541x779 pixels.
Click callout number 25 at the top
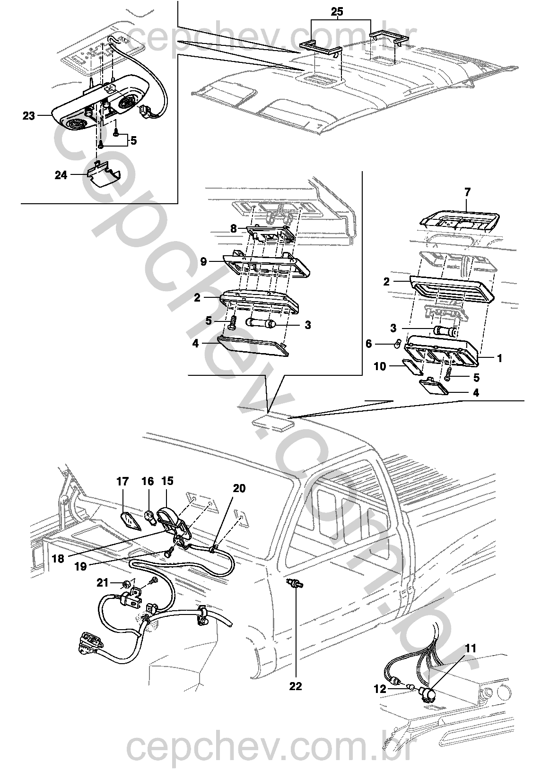click(337, 12)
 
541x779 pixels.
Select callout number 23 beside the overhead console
click(29, 116)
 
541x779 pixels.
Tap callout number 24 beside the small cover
click(61, 175)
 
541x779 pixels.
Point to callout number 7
click(467, 192)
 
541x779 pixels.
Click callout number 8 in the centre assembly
click(234, 229)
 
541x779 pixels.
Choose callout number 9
click(203, 261)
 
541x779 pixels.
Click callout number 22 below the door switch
click(296, 686)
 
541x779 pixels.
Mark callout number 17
click(122, 482)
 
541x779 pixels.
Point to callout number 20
click(239, 488)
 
